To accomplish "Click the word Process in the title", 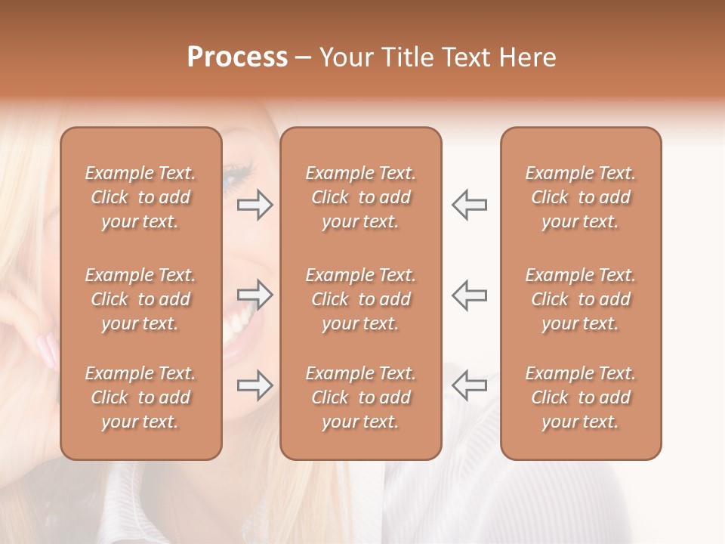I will [237, 57].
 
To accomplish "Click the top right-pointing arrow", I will [255, 205].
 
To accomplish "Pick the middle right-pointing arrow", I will [255, 294].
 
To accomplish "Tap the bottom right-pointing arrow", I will [255, 385].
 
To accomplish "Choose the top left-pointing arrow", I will [469, 205].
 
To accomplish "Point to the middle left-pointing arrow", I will [469, 294].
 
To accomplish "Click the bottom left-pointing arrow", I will [469, 385].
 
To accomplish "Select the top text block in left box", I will [140, 197].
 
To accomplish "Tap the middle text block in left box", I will [140, 299].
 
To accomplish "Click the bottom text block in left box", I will [140, 397].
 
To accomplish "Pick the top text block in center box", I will [360, 197].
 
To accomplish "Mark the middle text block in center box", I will [360, 299].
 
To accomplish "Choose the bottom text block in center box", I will [360, 397].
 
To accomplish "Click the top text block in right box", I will [580, 197].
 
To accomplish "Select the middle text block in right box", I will [580, 299].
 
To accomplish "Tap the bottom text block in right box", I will [580, 397].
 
